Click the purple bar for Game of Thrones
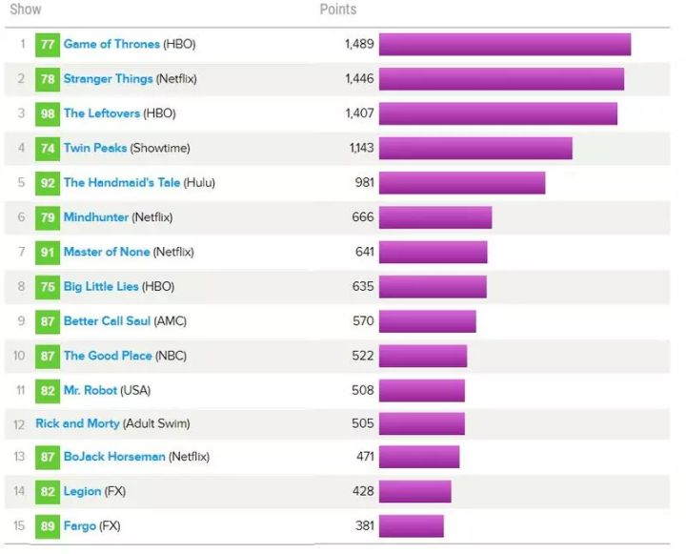[504, 45]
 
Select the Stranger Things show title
[108, 79]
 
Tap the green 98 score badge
[48, 113]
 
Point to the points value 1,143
[361, 149]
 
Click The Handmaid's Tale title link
[121, 183]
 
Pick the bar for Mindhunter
[434, 217]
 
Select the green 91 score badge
[48, 253]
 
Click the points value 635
[363, 286]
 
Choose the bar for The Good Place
[422, 356]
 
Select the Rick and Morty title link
[78, 423]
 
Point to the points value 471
[364, 457]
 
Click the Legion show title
[82, 491]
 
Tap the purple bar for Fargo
[411, 526]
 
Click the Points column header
[337, 10]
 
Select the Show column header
[25, 10]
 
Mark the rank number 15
[19, 526]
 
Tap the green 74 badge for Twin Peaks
[48, 149]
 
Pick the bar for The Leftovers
[497, 113]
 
